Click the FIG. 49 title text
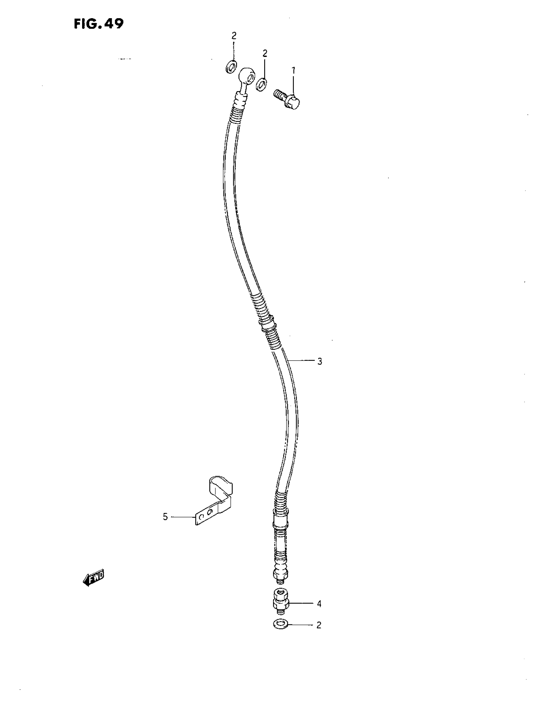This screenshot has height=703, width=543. tap(98, 23)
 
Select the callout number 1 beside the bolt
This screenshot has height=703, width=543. tap(293, 70)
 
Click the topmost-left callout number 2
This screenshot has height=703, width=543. tap(234, 36)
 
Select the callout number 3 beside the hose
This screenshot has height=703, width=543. tap(319, 361)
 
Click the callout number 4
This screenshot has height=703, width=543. tap(319, 604)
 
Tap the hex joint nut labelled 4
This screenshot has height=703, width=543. tap(281, 603)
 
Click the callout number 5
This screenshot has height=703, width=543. tap(165, 517)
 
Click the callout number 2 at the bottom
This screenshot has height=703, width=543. tap(318, 625)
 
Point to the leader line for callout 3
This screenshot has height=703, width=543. tap(302, 361)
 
